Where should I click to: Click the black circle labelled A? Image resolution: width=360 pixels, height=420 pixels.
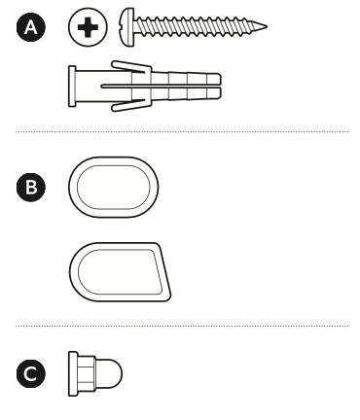coord(31,27)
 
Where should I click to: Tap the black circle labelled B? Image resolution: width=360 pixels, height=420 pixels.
coord(31,188)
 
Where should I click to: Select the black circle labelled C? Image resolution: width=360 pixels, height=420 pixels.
coord(31,373)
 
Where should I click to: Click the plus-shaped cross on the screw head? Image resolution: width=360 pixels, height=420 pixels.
coord(88,27)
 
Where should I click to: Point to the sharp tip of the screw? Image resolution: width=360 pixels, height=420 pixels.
coord(267,27)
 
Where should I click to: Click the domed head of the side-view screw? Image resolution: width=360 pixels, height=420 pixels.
coord(127,27)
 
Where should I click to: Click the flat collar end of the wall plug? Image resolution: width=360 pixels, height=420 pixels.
coord(72,87)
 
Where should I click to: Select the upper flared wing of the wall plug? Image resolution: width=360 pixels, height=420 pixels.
coord(131,67)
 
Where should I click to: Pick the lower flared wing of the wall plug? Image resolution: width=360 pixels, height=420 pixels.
coord(131,105)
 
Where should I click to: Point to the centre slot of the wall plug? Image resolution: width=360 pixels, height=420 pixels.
coord(161,87)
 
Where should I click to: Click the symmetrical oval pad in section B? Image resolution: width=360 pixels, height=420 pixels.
coord(114,187)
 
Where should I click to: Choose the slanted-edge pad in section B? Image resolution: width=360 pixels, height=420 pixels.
coord(120,272)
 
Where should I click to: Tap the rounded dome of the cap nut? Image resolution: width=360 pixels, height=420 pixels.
coord(110,373)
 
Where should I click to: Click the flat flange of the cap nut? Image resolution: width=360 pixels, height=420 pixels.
coord(73,373)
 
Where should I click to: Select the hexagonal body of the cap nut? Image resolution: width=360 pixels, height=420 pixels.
coord(87,373)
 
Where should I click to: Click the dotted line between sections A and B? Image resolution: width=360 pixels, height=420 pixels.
coord(182,132)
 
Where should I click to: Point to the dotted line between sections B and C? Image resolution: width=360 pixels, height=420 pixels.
coord(182,326)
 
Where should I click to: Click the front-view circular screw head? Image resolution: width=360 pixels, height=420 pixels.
coord(88,27)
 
